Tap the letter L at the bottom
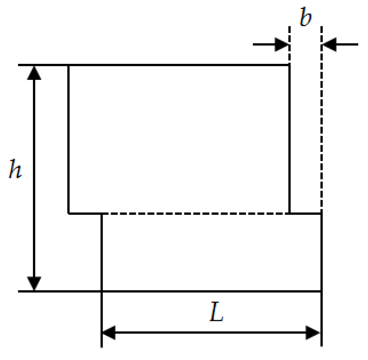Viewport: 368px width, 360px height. click(216, 314)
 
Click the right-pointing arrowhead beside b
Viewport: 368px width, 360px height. click(282, 44)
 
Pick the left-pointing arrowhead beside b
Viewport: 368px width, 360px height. click(329, 44)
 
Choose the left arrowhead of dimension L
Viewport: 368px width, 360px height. click(109, 333)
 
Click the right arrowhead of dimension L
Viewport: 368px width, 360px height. click(313, 333)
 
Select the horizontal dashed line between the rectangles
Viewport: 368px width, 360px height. click(196, 213)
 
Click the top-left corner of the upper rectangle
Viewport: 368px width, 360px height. click(69, 65)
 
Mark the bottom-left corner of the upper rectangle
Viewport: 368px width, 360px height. click(69, 213)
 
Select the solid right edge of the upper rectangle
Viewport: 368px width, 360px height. click(289, 140)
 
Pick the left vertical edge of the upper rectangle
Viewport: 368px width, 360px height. click(69, 140)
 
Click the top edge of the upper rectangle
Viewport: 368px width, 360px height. click(180, 65)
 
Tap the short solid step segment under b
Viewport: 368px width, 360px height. click(305, 213)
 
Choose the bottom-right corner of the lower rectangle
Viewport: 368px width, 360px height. click(321, 291)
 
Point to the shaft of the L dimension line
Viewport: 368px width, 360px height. click(212, 333)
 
